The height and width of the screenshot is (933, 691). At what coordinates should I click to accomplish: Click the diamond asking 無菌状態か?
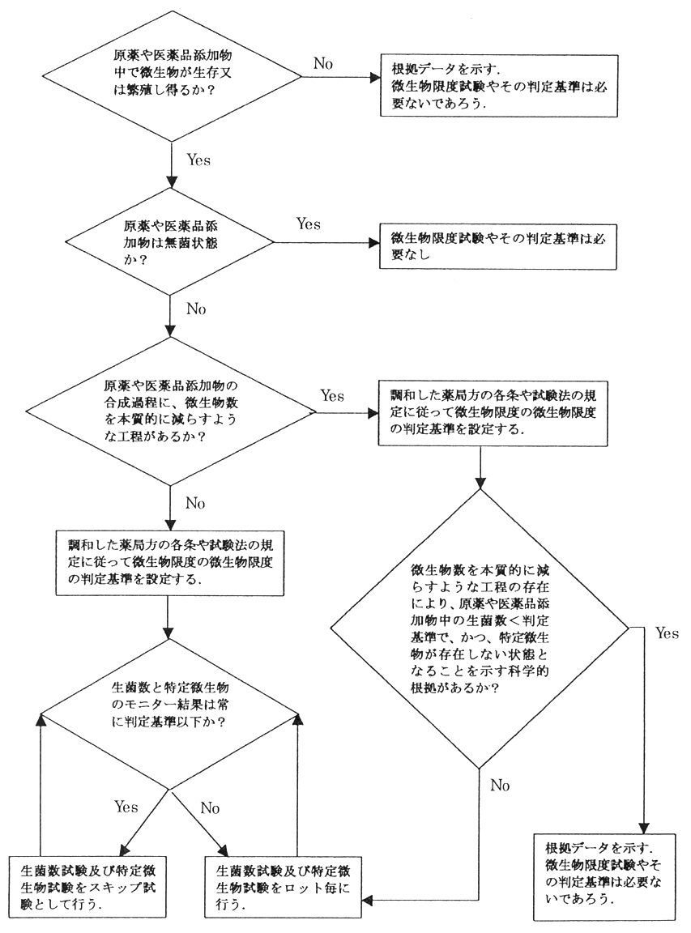click(x=170, y=241)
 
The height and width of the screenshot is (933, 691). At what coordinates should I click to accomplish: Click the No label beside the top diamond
click(x=323, y=64)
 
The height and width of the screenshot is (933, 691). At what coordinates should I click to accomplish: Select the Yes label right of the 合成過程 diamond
click(x=332, y=396)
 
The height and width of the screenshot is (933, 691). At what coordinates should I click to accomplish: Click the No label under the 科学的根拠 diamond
click(x=501, y=784)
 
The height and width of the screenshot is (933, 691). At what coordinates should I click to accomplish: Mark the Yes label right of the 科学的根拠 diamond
click(x=666, y=633)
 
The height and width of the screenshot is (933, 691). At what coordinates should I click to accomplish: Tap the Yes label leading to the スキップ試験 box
click(x=126, y=807)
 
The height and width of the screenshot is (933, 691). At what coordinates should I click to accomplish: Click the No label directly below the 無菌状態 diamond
click(x=197, y=309)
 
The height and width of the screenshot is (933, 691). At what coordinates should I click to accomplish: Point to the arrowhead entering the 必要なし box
click(x=373, y=241)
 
